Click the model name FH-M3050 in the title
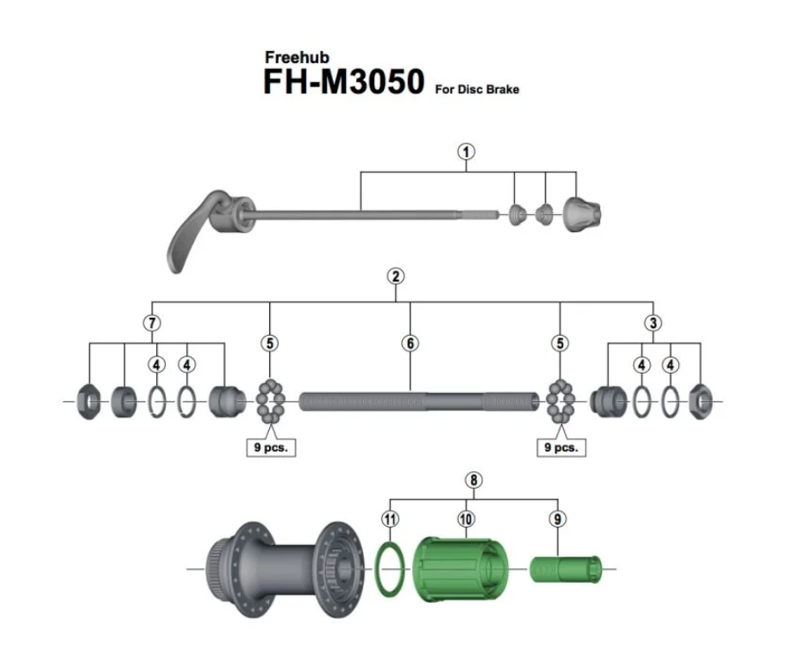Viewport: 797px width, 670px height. (343, 82)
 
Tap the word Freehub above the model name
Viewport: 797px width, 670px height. (293, 58)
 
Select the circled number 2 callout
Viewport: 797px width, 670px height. (396, 276)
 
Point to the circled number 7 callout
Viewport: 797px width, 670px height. (153, 323)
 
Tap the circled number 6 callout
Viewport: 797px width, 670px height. (410, 343)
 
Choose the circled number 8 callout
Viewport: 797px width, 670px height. (472, 480)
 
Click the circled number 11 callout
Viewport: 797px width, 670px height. (390, 519)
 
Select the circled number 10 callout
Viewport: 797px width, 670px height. (467, 519)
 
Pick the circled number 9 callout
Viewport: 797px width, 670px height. (559, 519)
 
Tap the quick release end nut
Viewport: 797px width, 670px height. (582, 212)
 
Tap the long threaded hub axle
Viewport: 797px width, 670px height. (410, 401)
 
